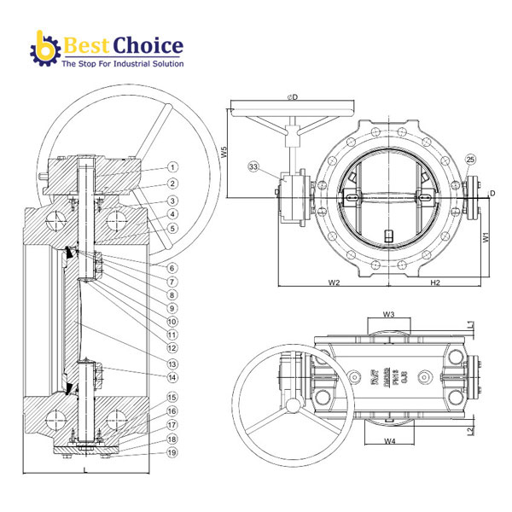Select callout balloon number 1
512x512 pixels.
coord(172,167)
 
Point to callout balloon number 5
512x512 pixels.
coord(172,228)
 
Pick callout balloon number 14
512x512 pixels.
coord(172,377)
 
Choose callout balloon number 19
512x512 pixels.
coord(172,452)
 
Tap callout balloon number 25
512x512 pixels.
coord(471,160)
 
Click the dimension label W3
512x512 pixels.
coord(388,314)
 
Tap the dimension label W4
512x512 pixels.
coord(389,440)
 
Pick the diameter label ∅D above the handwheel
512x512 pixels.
coord(294,96)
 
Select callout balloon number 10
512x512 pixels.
coord(172,321)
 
